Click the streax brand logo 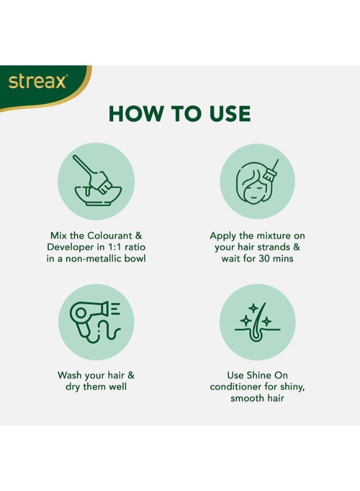click(37, 82)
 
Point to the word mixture click(272, 236)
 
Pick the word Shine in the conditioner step click(260, 375)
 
